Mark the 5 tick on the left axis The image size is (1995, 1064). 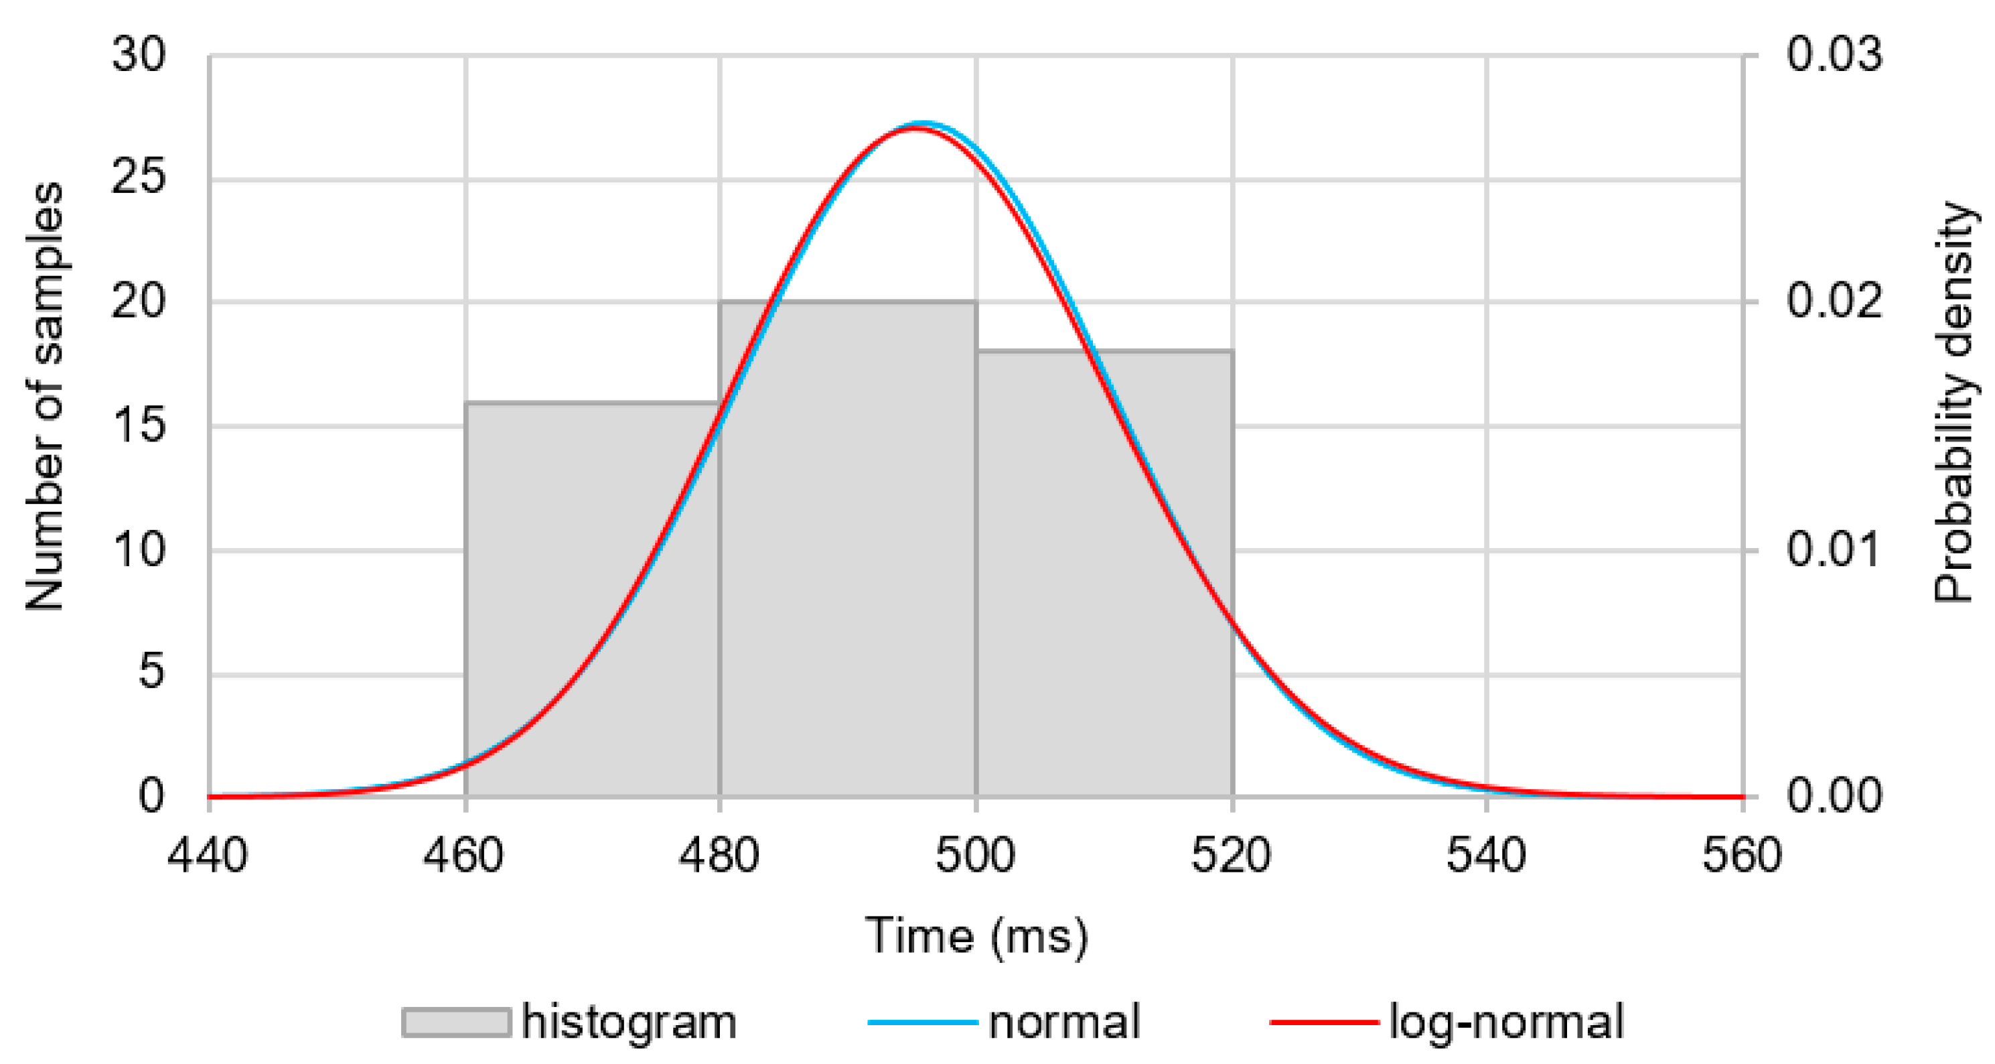[151, 673]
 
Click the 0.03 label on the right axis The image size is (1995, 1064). [1834, 56]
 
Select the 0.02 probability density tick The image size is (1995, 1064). [1834, 302]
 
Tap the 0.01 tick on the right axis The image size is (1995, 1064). [1834, 550]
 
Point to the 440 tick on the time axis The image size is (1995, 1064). [208, 857]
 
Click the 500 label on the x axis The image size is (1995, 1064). [976, 857]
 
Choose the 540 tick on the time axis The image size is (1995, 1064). [1487, 857]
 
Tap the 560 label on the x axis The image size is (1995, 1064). [1743, 857]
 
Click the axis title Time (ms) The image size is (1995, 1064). [976, 936]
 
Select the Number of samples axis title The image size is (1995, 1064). [45, 397]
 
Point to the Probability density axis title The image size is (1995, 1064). [1951, 403]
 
